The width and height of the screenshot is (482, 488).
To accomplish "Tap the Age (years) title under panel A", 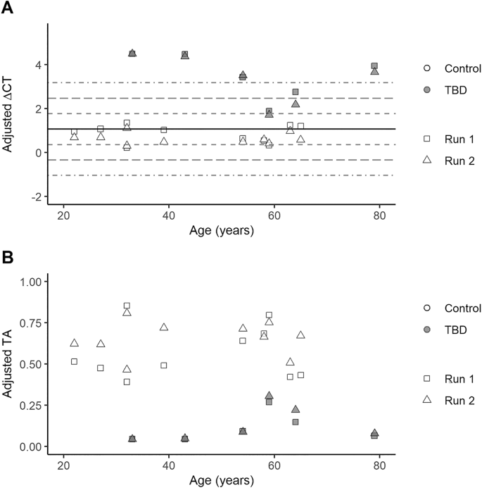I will point(221,230).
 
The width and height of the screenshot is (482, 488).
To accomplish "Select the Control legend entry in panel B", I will point(462,308).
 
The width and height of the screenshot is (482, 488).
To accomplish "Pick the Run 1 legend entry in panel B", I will point(459,379).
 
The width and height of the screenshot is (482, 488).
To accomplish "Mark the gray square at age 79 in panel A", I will point(374,66).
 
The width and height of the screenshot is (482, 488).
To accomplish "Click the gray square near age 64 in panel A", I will point(296,92).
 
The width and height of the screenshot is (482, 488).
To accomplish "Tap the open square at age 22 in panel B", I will point(74,361).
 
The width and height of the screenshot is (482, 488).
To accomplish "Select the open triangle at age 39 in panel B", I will point(164,327).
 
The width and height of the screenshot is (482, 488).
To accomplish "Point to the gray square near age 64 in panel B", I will point(296,422).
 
